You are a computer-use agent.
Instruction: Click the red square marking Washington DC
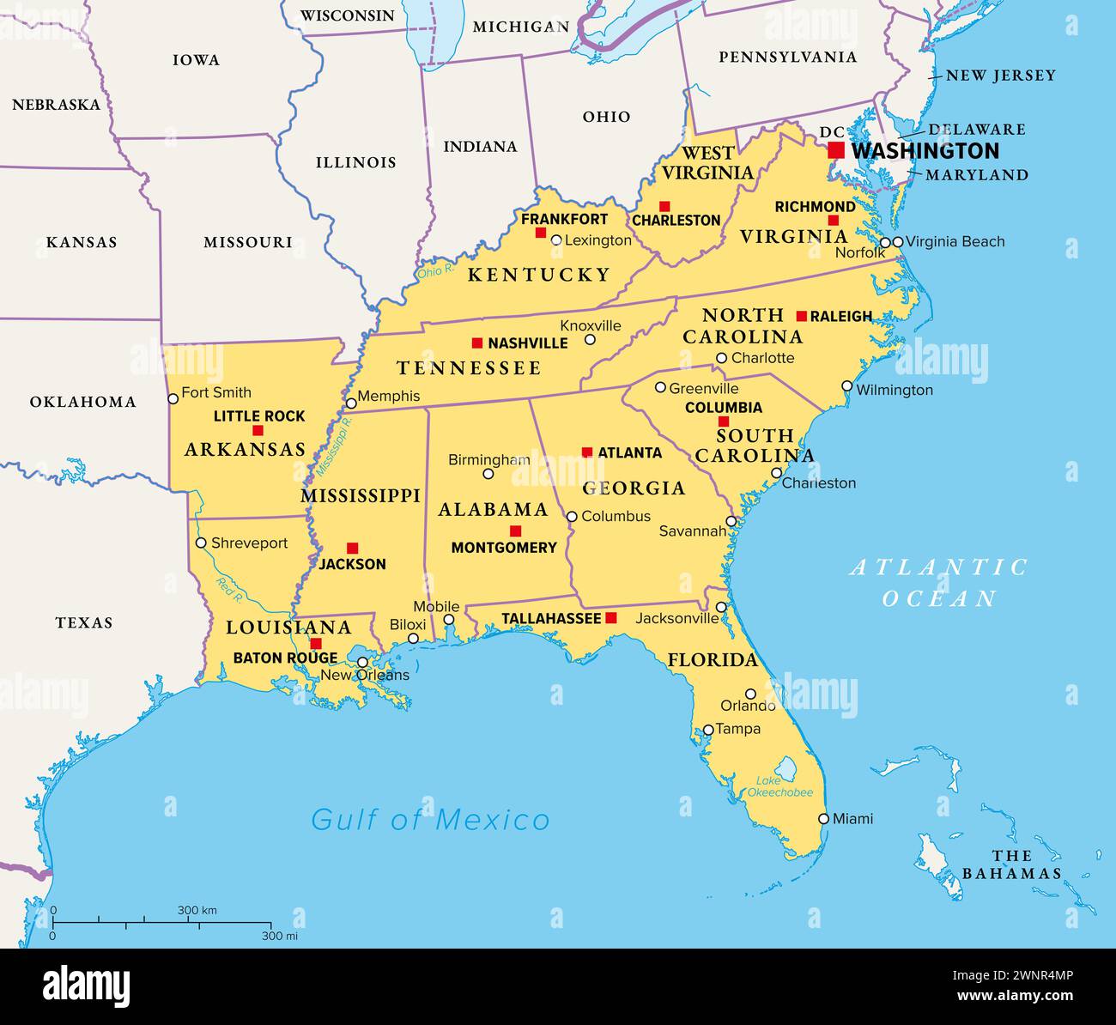[x=835, y=150]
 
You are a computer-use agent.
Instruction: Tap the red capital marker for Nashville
[x=477, y=343]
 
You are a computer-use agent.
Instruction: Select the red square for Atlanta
[x=587, y=452]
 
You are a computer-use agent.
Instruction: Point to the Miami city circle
[x=823, y=819]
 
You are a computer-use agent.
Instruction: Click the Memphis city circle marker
[x=350, y=403]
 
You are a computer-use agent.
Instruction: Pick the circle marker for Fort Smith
[x=173, y=398]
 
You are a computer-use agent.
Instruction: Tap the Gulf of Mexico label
[x=430, y=820]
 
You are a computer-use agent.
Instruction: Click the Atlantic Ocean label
[x=939, y=582]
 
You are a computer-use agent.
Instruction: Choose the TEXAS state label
[x=84, y=622]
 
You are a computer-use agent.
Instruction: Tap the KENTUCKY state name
[x=538, y=275]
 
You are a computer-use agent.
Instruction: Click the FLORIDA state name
[x=713, y=660]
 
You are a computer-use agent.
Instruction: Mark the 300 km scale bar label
[x=197, y=910]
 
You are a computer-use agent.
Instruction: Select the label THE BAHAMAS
[x=1011, y=864]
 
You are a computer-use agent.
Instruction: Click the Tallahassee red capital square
[x=611, y=618]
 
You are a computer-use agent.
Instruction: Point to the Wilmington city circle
[x=847, y=386]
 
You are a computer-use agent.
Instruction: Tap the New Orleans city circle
[x=363, y=662]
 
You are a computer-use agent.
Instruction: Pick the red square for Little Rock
[x=258, y=430]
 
